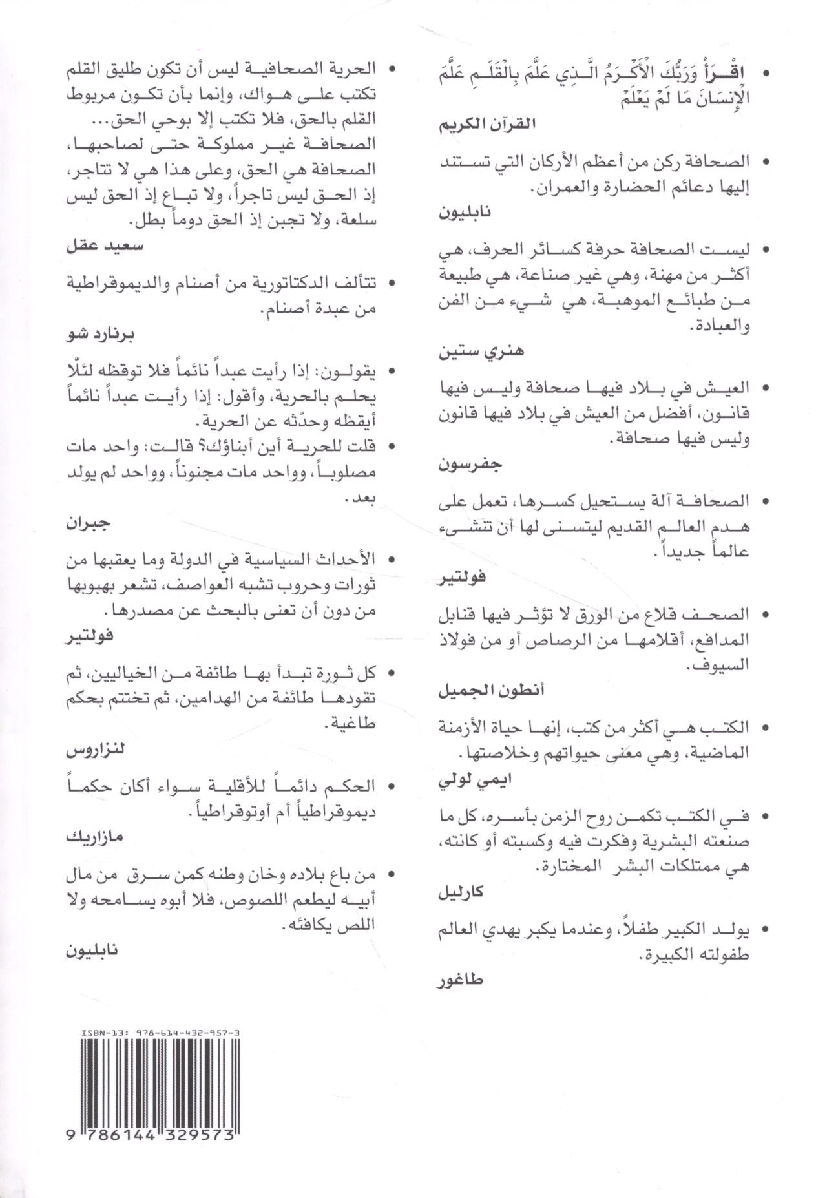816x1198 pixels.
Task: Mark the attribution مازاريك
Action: (94, 837)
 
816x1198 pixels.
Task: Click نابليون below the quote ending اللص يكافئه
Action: (93, 951)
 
